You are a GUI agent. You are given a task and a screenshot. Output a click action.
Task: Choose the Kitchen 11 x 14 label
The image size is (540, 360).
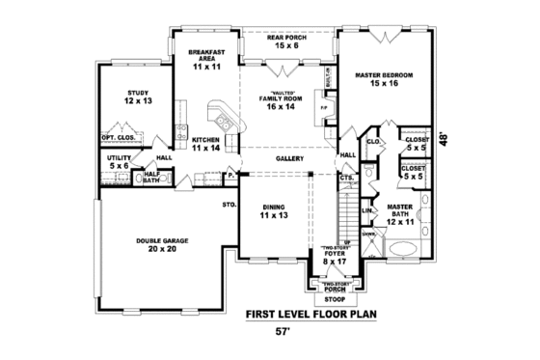tap(205, 144)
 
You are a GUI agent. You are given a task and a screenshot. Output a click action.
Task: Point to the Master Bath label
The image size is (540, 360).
tap(400, 214)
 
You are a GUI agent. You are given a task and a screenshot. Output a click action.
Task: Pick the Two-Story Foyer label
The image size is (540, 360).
tap(332, 255)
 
